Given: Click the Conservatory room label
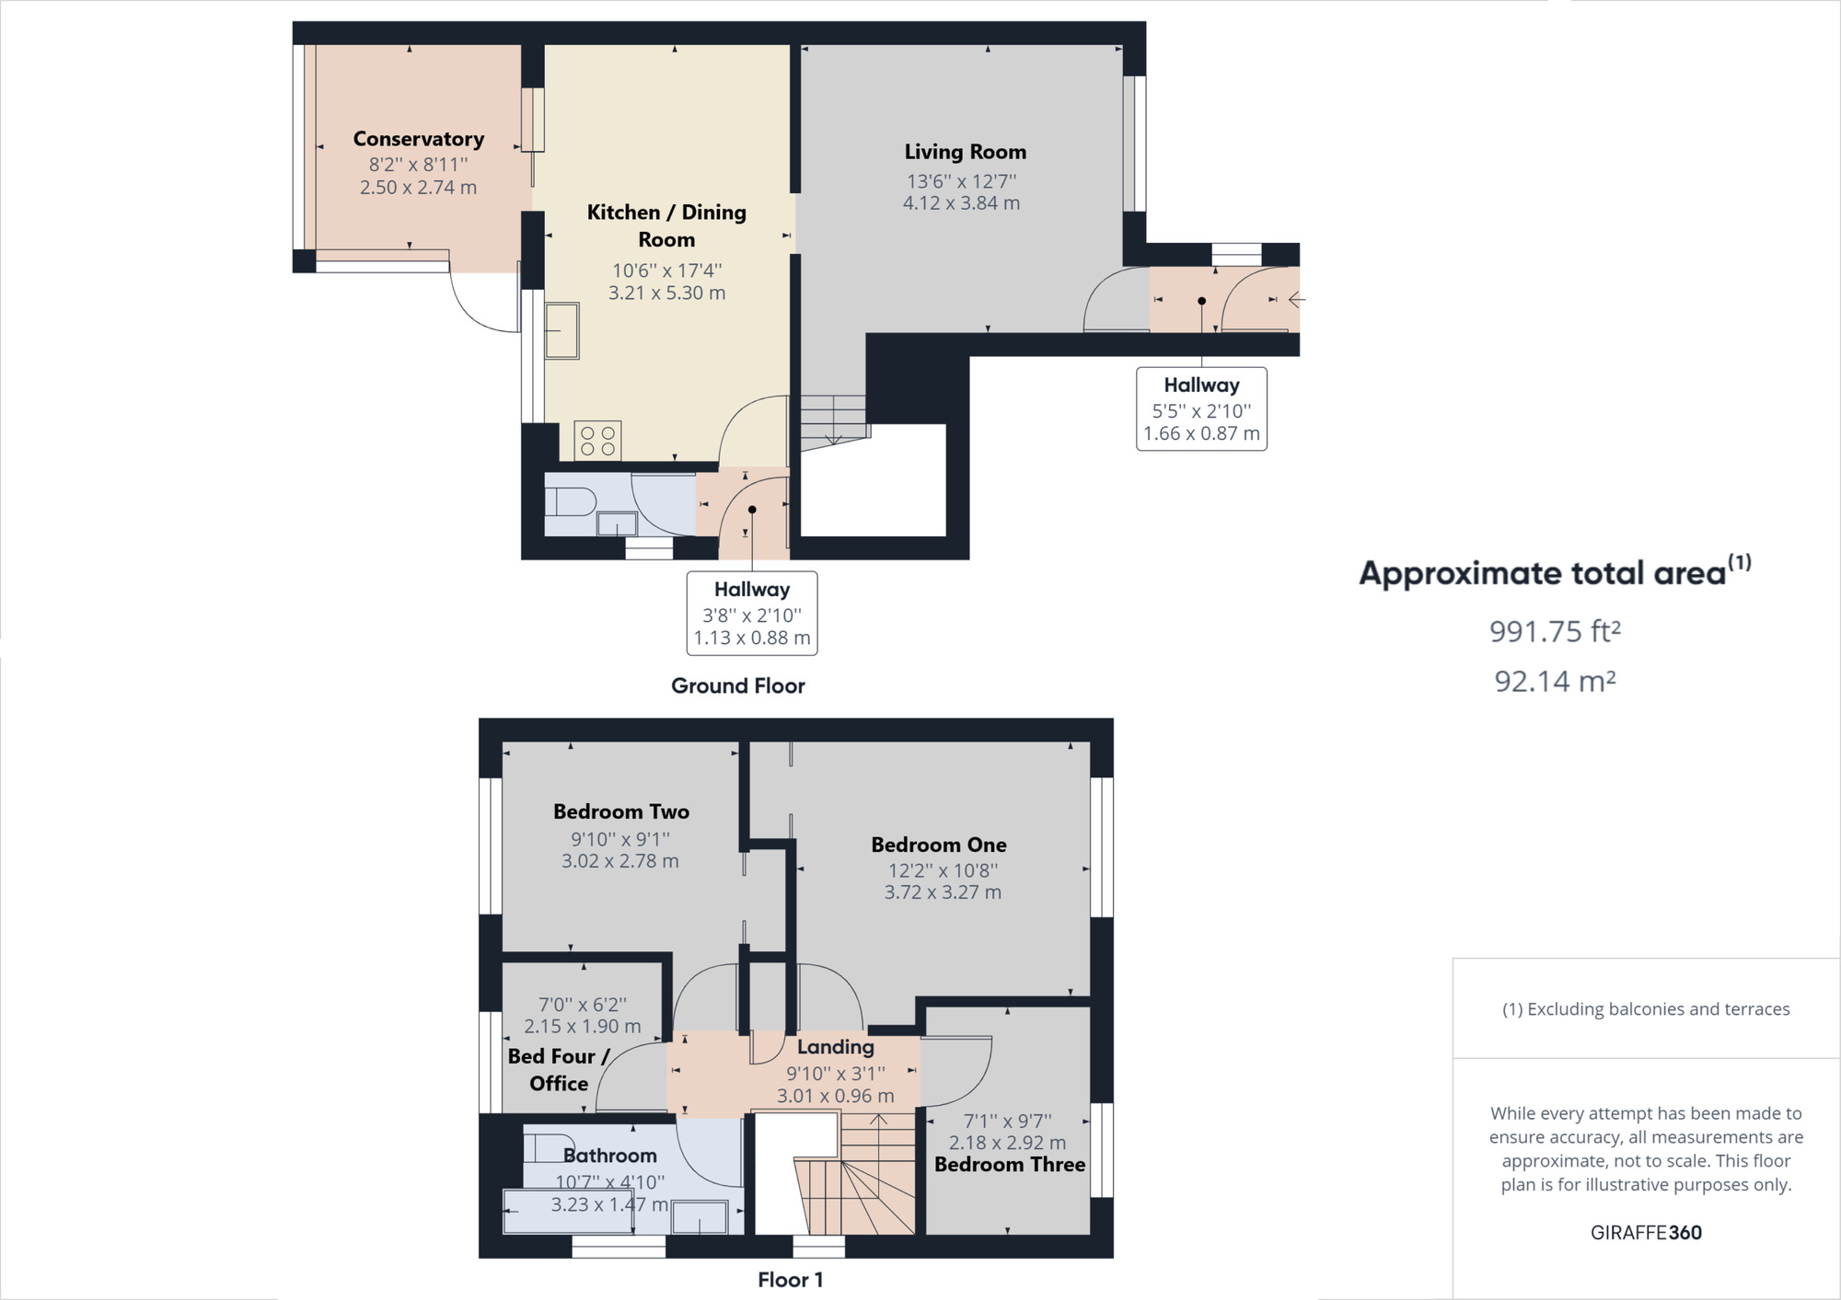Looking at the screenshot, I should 419,139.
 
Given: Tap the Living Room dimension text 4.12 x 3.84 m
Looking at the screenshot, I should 961,203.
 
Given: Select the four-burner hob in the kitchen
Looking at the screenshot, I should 597,441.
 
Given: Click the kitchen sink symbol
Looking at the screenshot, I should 562,330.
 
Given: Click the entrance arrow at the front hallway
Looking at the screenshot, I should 1296,300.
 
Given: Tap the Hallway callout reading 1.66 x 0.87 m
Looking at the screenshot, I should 1201,433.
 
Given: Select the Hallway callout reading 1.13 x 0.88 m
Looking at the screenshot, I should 752,638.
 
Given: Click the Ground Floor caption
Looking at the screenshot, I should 737,685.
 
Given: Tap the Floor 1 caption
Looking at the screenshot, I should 790,1280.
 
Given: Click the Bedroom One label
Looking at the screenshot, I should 939,845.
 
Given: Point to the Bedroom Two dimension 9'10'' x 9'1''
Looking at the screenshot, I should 620,839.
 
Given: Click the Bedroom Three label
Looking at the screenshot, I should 1010,1165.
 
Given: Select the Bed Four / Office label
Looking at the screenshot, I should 558,1070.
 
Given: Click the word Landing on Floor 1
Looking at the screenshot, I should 836,1047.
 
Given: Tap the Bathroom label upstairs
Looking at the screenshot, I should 610,1156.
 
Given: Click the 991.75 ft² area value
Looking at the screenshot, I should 1555,631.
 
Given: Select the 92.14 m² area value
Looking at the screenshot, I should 1555,681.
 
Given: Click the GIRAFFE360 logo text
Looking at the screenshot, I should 1646,1233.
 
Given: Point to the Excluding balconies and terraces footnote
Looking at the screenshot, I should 1646,1009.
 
